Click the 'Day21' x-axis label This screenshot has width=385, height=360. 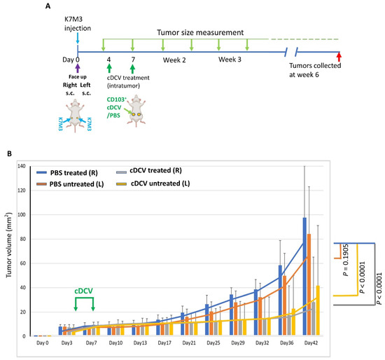pos(188,342)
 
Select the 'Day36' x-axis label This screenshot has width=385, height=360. pos(285,342)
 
